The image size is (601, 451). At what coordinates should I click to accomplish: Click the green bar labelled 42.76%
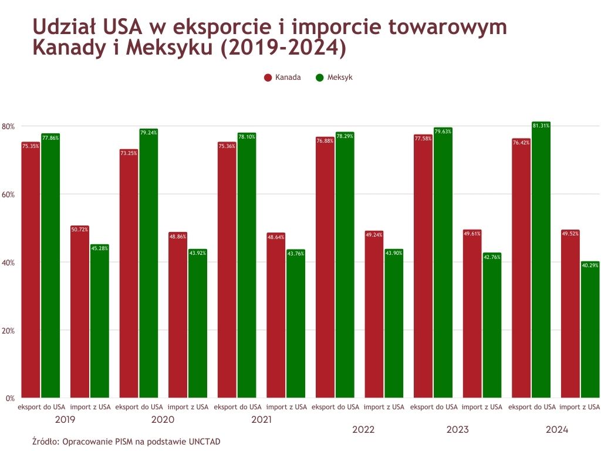click(492, 325)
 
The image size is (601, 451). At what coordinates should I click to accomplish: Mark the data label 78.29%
click(345, 136)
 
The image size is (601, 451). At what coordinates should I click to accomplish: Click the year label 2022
click(363, 430)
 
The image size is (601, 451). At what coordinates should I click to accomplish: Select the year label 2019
click(65, 420)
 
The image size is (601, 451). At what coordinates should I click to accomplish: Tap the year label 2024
click(557, 430)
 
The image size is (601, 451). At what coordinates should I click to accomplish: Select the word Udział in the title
click(65, 27)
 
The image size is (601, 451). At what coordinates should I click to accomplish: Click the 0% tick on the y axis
click(10, 399)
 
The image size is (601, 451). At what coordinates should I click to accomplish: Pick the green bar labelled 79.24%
click(148, 264)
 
